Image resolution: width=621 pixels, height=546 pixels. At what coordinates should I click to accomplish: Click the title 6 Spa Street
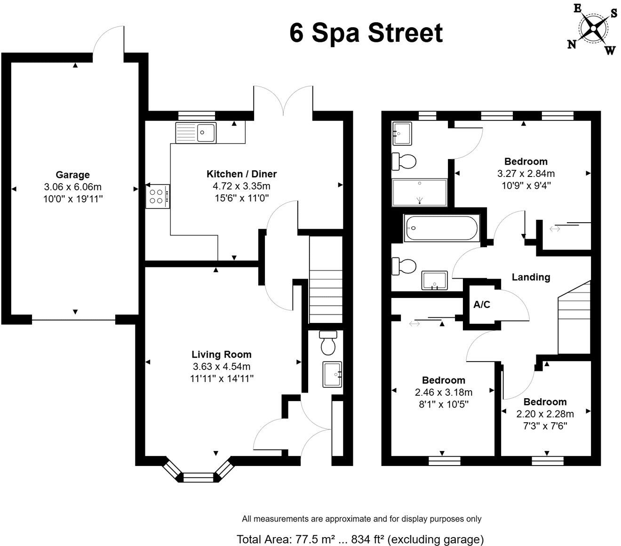(x=366, y=33)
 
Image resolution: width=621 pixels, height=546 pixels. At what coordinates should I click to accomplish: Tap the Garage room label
(x=72, y=175)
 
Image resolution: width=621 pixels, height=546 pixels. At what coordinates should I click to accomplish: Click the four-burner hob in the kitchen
(x=158, y=196)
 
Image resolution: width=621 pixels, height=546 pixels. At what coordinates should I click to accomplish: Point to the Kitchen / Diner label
(x=241, y=174)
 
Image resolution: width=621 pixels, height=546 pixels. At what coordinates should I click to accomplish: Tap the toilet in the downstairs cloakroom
(x=327, y=344)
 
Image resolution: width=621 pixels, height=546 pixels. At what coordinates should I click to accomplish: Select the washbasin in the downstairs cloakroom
(x=333, y=374)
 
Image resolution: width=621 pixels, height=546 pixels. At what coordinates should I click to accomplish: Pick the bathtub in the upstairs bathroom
(x=440, y=228)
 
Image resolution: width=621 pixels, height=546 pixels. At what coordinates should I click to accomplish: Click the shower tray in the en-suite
(x=419, y=193)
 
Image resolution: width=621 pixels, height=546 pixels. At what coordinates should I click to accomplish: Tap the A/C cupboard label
(x=482, y=305)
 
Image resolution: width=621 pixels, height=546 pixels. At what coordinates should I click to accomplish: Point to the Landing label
(x=531, y=277)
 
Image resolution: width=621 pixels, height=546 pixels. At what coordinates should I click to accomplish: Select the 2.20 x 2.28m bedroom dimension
(x=545, y=414)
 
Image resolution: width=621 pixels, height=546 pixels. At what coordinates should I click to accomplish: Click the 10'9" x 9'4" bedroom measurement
(x=525, y=185)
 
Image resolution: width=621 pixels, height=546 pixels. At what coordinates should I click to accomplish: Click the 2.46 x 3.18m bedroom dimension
(x=443, y=392)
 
